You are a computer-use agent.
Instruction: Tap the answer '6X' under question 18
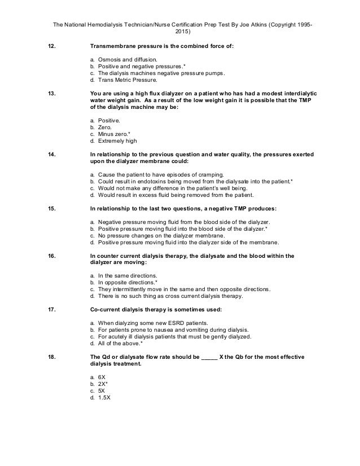(x=102, y=376)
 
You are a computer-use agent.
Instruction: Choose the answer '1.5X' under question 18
(x=104, y=397)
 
